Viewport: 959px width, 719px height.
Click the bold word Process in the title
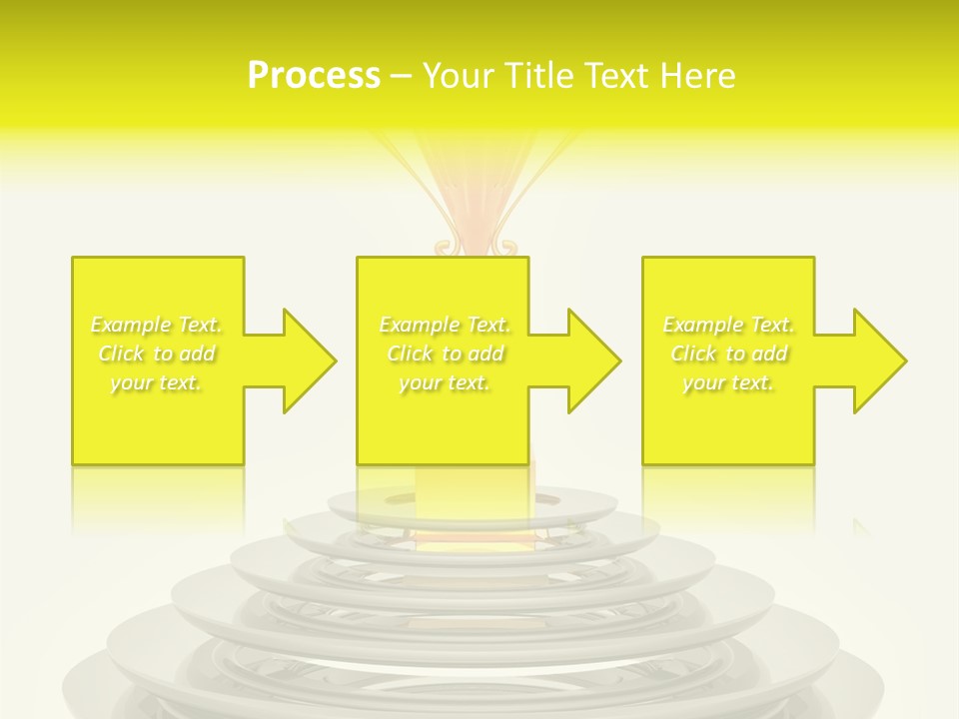click(314, 76)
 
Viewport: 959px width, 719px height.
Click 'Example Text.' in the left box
click(157, 325)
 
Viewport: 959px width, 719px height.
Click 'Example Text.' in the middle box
click(445, 325)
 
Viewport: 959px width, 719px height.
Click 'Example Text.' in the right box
click(729, 325)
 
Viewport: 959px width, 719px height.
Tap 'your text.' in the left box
click(157, 382)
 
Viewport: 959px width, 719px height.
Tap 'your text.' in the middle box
click(445, 382)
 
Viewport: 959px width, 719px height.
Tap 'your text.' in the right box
click(729, 382)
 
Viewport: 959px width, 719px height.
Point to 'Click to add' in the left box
click(157, 354)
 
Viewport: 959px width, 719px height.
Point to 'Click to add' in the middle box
click(445, 354)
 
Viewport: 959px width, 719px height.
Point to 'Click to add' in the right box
click(729, 354)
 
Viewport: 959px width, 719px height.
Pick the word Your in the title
click(456, 76)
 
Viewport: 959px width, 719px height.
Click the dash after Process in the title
click(401, 77)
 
